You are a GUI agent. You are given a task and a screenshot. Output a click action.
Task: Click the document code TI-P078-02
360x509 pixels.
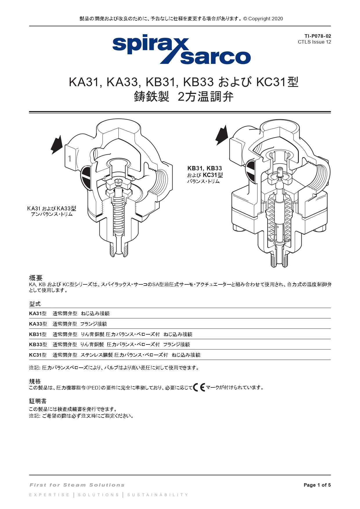318,36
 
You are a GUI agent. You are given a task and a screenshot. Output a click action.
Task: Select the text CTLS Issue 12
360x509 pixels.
314,42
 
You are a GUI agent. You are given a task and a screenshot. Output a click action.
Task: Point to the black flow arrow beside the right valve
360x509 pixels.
222,135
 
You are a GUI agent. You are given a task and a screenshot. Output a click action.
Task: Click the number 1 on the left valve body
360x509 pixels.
70,158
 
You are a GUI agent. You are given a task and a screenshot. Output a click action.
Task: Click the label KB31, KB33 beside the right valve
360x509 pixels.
205,168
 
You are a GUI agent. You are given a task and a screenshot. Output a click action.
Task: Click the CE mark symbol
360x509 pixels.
199,387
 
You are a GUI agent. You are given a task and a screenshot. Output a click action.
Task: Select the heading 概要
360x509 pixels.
36,278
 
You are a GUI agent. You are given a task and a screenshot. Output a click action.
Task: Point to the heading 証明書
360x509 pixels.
38,401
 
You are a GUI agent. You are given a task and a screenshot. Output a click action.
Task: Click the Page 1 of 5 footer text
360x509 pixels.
317,485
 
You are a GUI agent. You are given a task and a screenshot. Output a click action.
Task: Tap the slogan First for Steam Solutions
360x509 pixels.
77,485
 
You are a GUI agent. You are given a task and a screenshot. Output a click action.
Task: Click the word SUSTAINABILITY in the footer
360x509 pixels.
158,495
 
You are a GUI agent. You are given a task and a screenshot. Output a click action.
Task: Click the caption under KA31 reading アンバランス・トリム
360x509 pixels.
52,214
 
